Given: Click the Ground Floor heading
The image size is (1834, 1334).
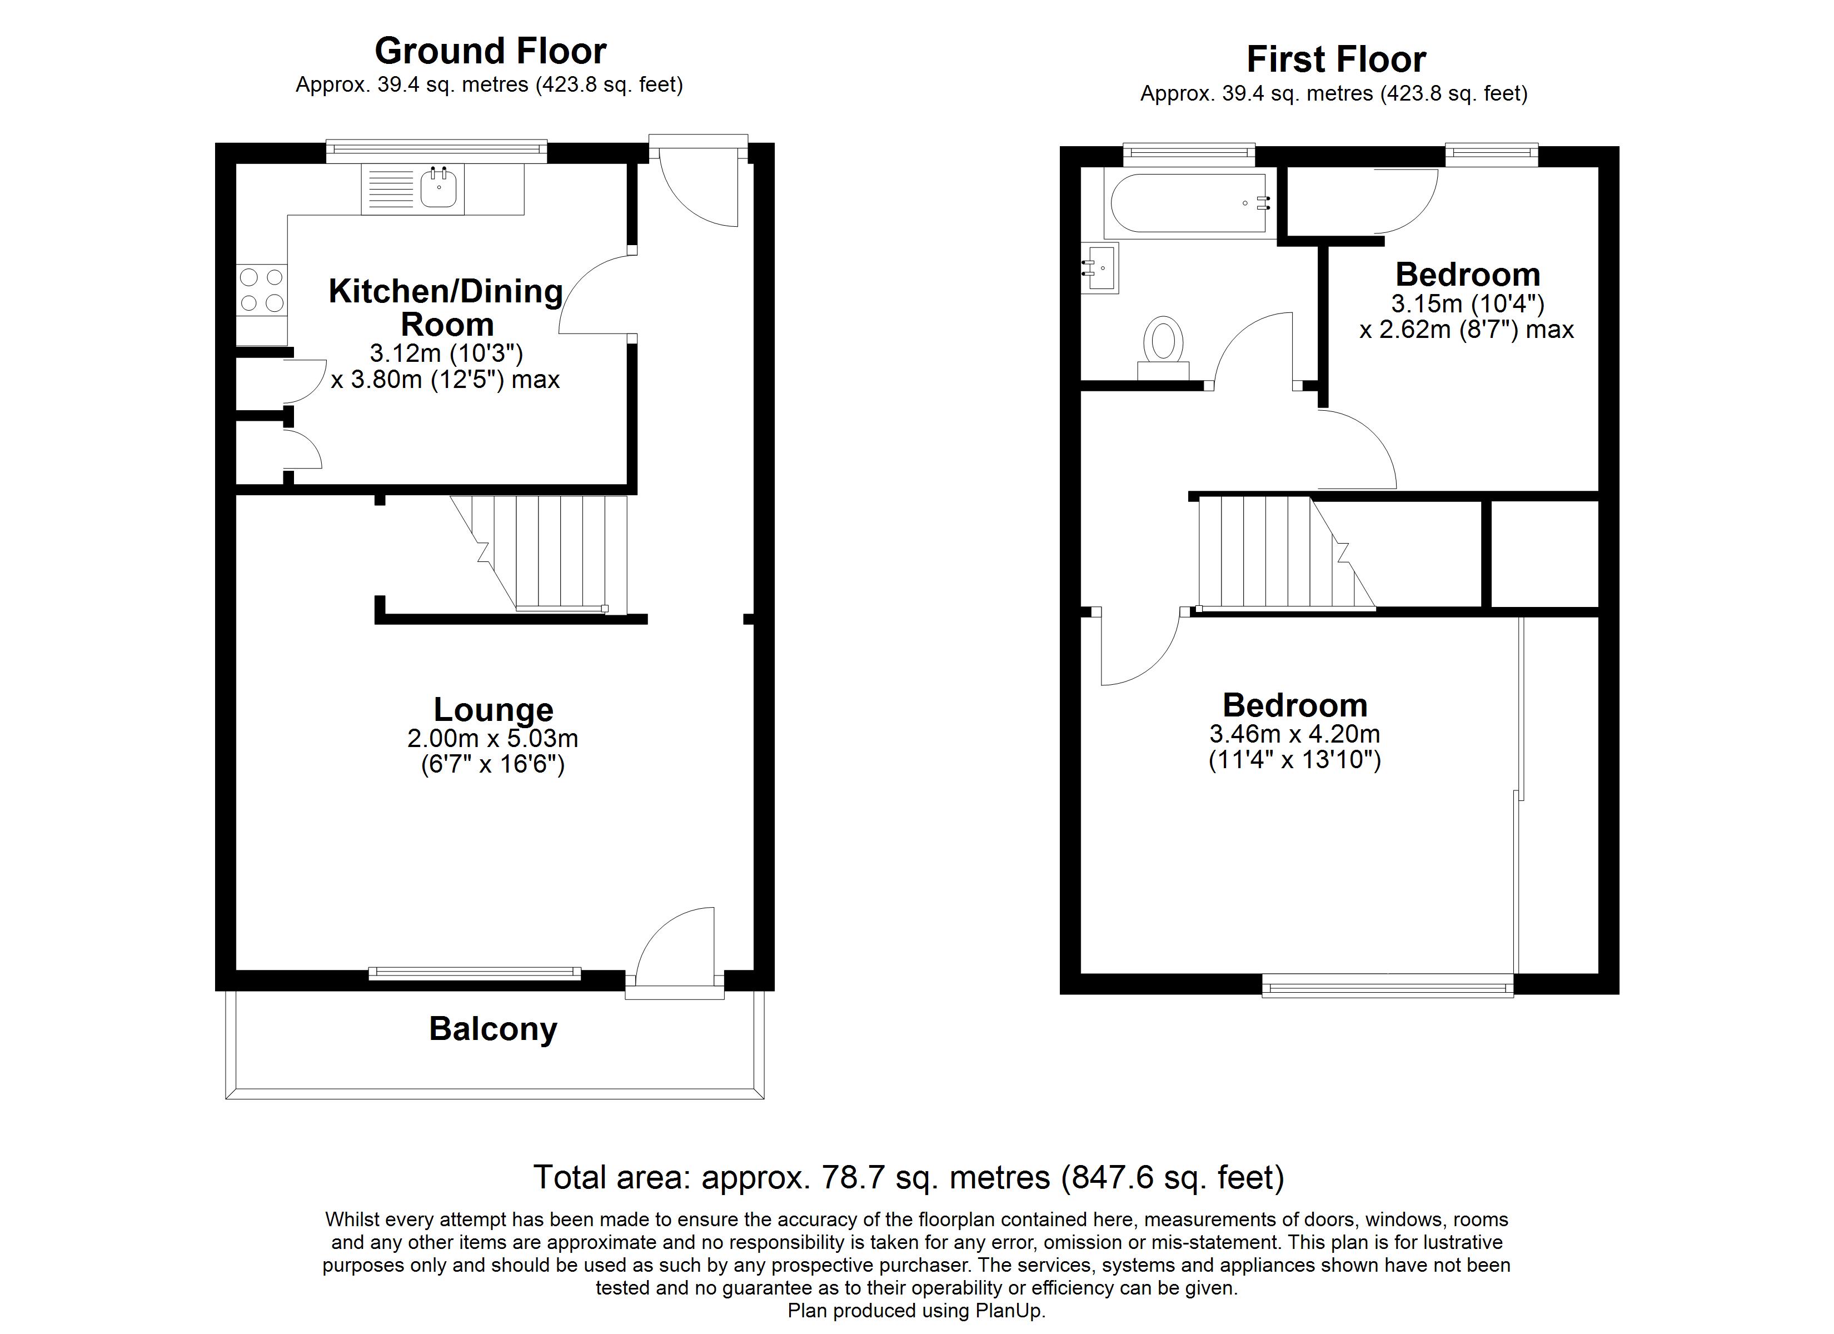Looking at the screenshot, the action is pyautogui.click(x=490, y=51).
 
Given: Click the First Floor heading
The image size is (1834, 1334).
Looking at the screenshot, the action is pyautogui.click(x=1336, y=59).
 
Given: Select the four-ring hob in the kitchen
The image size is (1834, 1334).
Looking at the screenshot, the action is pyautogui.click(x=262, y=290).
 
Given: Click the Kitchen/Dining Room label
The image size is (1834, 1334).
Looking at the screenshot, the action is pyautogui.click(x=446, y=307).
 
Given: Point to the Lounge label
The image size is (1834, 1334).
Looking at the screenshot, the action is pyautogui.click(x=494, y=709).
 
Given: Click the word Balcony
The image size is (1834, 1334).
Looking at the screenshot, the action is pyautogui.click(x=494, y=1029).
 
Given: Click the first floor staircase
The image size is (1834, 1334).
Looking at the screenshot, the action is pyautogui.click(x=1285, y=552).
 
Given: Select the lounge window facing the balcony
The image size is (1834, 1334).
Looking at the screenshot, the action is pyautogui.click(x=475, y=973).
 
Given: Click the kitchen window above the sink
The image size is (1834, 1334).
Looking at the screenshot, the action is pyautogui.click(x=437, y=150).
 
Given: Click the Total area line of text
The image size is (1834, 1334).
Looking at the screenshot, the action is pyautogui.click(x=909, y=1178).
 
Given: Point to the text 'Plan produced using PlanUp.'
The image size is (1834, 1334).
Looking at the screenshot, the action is pyautogui.click(x=916, y=1311).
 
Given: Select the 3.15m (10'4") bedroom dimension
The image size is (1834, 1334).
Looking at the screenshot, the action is pyautogui.click(x=1468, y=304).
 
